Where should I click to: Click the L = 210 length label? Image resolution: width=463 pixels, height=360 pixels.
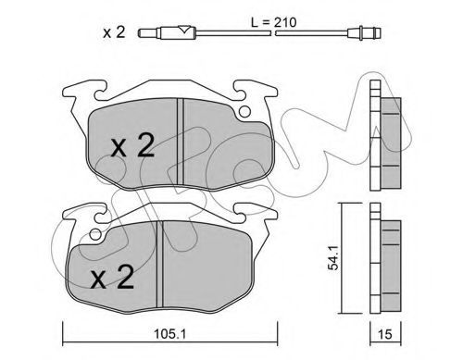(273, 22)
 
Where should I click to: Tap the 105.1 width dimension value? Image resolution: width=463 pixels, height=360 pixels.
(170, 333)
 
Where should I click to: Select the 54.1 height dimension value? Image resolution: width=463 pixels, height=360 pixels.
(333, 257)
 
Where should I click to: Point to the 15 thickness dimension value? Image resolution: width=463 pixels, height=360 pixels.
(384, 334)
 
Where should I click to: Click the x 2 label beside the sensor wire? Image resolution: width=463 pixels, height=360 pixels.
(114, 32)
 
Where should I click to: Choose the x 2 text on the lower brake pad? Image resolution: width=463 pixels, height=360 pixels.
(112, 277)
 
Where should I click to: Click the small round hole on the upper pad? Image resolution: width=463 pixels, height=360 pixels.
(244, 111)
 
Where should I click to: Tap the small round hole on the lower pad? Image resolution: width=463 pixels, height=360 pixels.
(95, 235)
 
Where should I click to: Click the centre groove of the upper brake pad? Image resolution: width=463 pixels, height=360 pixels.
(181, 142)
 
